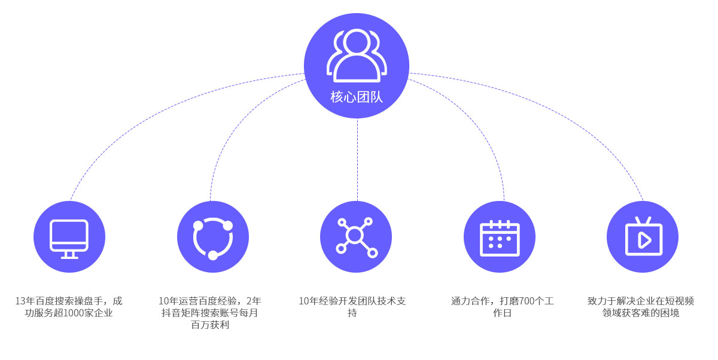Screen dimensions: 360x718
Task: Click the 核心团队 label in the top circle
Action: [357, 96]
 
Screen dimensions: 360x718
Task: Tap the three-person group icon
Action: [357, 55]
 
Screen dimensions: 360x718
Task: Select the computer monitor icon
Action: [69, 237]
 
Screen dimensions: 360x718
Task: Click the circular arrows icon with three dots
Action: [213, 237]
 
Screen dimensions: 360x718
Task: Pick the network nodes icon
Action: [356, 237]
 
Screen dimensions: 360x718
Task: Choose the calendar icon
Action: [500, 237]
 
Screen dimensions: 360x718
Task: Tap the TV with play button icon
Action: [643, 237]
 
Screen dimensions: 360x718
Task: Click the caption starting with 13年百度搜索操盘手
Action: [69, 307]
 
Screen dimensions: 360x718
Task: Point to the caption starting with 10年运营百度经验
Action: [210, 313]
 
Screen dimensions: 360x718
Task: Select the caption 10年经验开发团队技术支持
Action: [352, 307]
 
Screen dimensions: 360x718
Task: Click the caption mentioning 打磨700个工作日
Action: [502, 307]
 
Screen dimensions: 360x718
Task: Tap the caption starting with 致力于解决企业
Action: [641, 307]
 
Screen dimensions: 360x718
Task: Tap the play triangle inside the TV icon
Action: [644, 240]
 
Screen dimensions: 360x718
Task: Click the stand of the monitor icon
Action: [69, 255]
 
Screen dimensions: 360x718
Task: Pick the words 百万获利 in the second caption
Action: [210, 325]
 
